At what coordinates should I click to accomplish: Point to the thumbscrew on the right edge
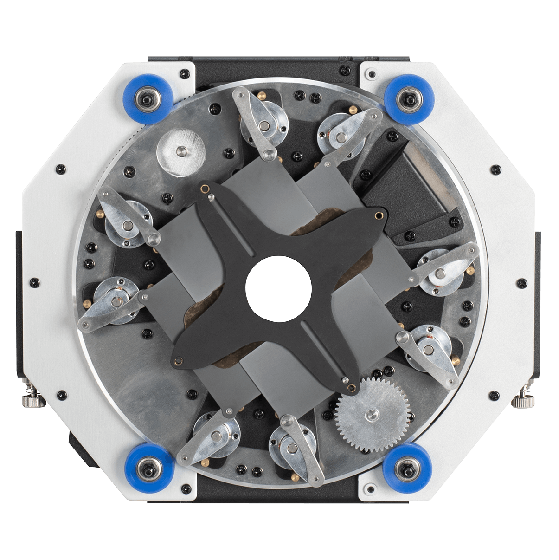tap(521, 401)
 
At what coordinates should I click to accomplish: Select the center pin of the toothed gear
tap(372, 414)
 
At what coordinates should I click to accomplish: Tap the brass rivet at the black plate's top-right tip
tap(380, 215)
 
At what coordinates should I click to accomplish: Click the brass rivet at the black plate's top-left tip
tap(204, 188)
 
